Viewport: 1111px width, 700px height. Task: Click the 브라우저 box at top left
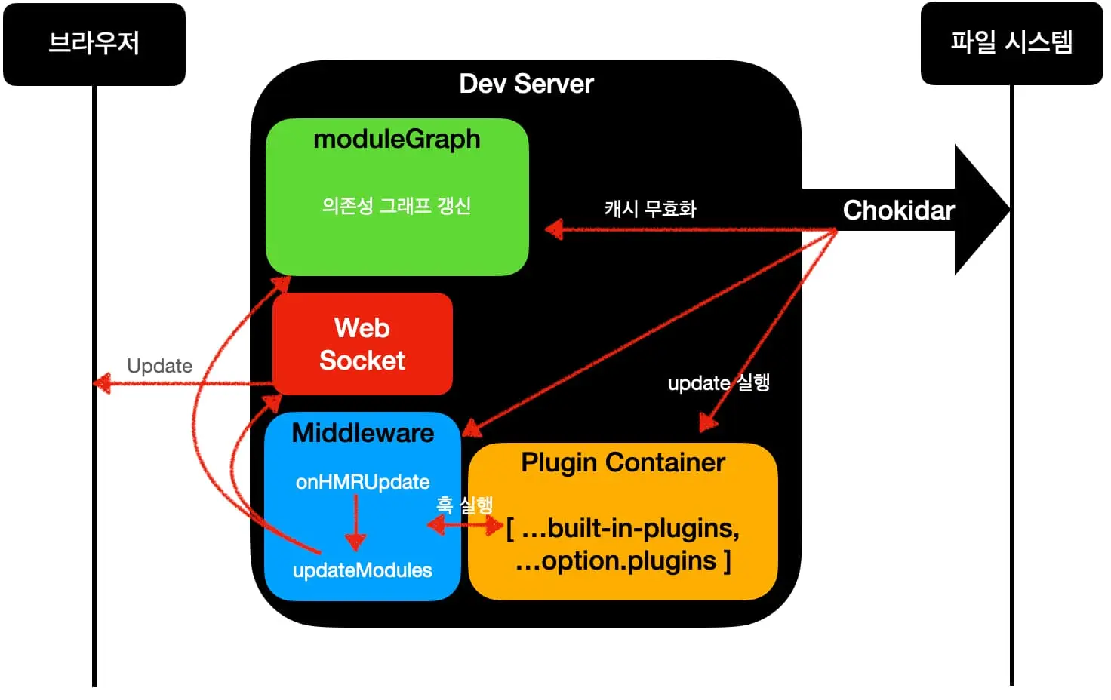click(94, 44)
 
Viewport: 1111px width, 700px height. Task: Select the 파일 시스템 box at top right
click(1011, 43)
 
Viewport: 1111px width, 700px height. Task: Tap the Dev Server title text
click(526, 84)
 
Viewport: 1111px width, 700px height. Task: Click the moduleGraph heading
click(396, 140)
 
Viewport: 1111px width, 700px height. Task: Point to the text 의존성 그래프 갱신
click(396, 205)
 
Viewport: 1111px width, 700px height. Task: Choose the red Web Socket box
click(362, 344)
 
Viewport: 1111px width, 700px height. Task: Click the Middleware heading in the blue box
click(362, 433)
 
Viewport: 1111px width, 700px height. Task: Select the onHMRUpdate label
click(362, 482)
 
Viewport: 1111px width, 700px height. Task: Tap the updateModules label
click(362, 570)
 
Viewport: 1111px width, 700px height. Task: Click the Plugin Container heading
click(623, 462)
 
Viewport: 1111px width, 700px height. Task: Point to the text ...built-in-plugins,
click(623, 528)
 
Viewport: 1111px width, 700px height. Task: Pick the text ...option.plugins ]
click(623, 561)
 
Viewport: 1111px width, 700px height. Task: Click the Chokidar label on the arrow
click(898, 210)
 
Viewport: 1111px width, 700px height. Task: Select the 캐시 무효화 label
click(650, 208)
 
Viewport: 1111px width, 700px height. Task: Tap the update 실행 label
click(719, 383)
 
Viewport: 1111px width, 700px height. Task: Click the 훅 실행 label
click(464, 505)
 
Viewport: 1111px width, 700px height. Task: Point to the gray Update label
click(159, 366)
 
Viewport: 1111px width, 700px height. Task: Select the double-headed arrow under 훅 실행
click(465, 525)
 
